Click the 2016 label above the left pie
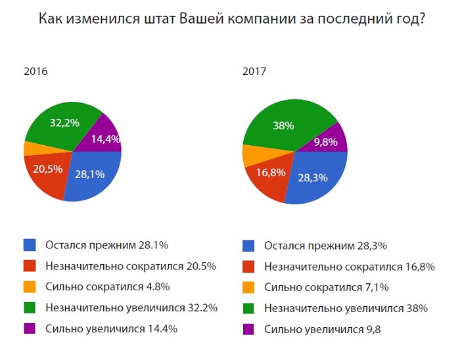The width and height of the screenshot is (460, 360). (35, 72)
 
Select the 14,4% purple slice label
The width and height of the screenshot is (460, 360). (105, 139)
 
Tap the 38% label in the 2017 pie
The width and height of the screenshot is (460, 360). (283, 125)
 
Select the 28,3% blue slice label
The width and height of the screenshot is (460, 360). (309, 178)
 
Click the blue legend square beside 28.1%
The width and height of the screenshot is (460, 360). (30, 246)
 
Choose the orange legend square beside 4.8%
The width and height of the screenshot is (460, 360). (30, 286)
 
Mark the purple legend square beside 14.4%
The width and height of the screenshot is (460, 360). (30, 328)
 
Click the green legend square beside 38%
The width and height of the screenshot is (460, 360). (248, 308)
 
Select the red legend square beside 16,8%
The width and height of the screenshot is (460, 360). (248, 267)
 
